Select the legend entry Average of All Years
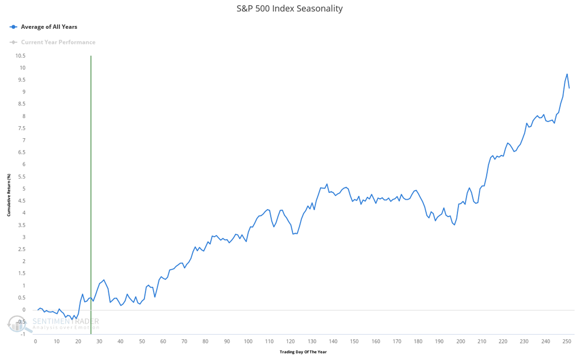(49, 27)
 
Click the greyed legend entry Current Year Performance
(58, 42)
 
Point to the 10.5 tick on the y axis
(20, 56)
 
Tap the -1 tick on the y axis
(23, 334)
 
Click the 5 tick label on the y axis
(24, 189)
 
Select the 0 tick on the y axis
(24, 310)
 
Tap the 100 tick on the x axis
(248, 342)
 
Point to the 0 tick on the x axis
(36, 342)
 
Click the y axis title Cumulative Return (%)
(9, 195)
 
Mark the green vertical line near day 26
(91, 173)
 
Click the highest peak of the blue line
(567, 74)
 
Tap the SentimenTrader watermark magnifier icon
(17, 325)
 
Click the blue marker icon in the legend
(13, 27)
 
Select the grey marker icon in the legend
(13, 42)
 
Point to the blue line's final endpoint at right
(569, 88)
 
